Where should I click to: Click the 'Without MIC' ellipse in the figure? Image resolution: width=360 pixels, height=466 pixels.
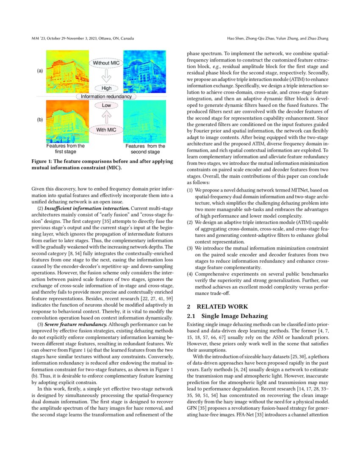(106, 63)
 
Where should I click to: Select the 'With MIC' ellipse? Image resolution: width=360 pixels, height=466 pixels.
(106, 130)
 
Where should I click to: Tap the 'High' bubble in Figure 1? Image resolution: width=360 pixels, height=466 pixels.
(106, 88)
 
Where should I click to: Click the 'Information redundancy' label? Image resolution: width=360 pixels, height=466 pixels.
(106, 97)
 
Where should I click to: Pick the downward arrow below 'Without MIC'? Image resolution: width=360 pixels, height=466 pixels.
(106, 76)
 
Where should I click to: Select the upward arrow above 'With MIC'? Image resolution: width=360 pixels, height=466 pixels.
(106, 117)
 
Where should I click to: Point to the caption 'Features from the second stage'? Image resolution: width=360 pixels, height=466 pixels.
(143, 149)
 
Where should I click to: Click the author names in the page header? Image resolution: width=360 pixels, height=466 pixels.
(278, 39)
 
